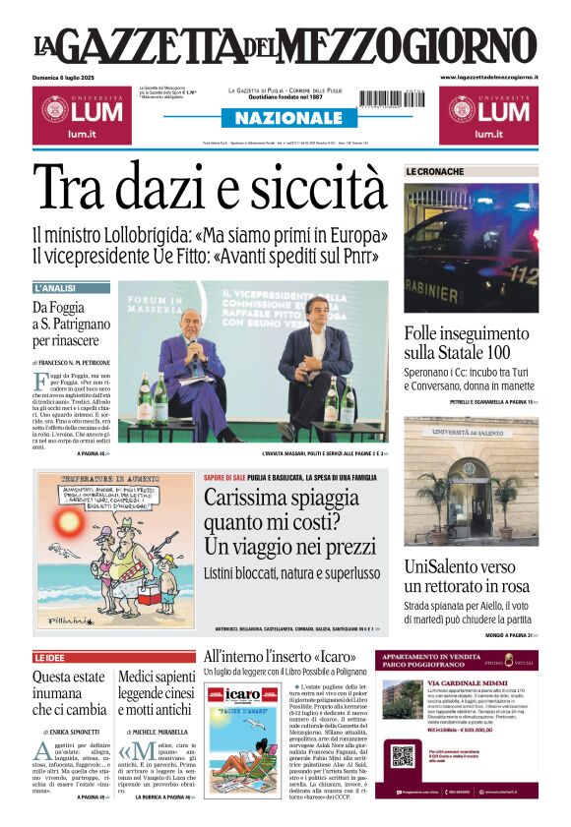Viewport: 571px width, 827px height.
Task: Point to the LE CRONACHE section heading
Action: tap(435, 172)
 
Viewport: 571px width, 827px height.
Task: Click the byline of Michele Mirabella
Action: tap(158, 733)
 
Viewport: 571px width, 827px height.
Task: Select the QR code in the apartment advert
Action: tap(401, 756)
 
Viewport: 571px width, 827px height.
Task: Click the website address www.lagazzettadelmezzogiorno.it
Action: tap(488, 77)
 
